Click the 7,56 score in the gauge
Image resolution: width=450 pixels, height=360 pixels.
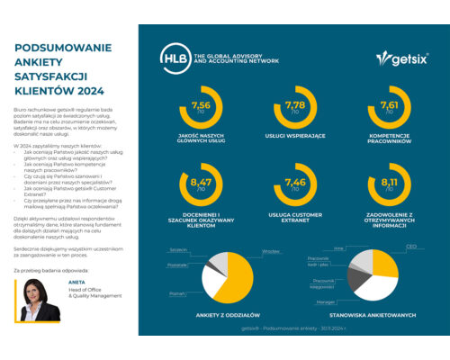(200, 105)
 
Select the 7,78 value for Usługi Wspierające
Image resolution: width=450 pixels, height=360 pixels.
(293, 105)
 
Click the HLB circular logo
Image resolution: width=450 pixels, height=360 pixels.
(174, 56)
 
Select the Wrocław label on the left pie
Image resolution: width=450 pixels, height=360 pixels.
(269, 251)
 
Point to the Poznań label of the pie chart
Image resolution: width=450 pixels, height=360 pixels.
(176, 293)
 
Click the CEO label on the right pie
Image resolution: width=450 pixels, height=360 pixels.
(410, 245)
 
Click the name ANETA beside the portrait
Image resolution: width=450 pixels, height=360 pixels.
(72, 304)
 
